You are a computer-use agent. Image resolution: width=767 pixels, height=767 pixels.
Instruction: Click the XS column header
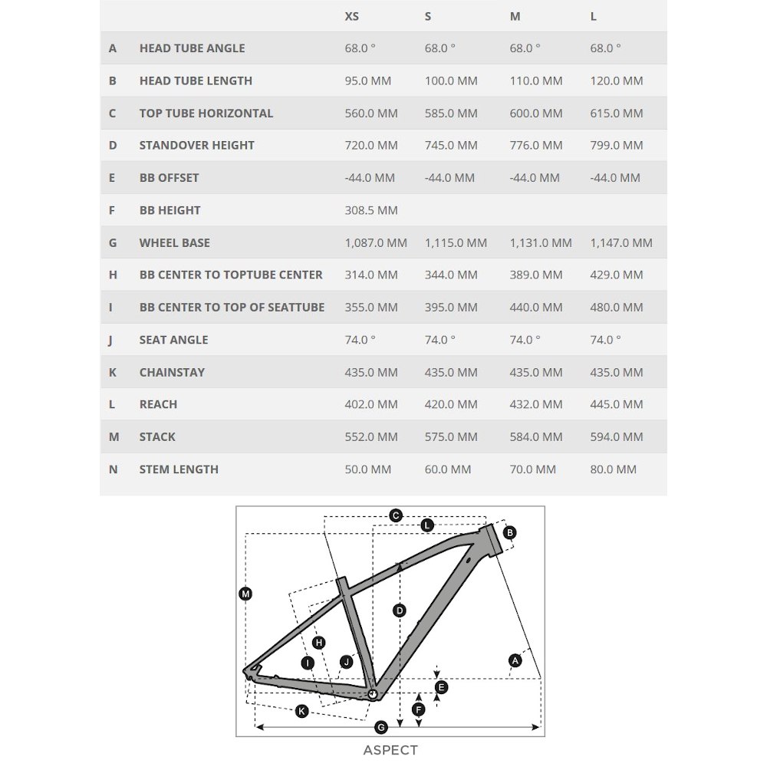pyautogui.click(x=352, y=16)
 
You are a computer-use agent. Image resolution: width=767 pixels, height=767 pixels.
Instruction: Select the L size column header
pyautogui.click(x=594, y=16)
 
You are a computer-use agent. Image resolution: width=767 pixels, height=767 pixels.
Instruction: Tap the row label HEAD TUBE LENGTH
pyautogui.click(x=196, y=81)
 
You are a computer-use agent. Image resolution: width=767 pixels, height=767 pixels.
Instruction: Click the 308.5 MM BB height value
pyautogui.click(x=371, y=210)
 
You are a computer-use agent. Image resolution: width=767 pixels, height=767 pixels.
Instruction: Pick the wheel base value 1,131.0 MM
pyautogui.click(x=541, y=242)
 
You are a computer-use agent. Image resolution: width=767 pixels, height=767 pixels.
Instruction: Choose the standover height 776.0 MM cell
pyautogui.click(x=536, y=145)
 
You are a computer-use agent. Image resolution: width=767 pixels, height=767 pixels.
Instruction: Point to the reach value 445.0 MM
pyautogui.click(x=617, y=404)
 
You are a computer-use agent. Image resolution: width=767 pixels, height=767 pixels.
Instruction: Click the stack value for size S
pyautogui.click(x=451, y=436)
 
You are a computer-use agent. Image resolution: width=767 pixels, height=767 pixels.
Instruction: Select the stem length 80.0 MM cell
pyautogui.click(x=614, y=469)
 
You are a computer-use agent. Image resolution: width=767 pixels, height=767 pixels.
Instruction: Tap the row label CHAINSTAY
pyautogui.click(x=172, y=372)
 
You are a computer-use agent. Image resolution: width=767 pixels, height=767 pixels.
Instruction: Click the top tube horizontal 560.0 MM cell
pyautogui.click(x=371, y=113)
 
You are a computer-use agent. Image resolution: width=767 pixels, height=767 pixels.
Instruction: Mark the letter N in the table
pyautogui.click(x=114, y=469)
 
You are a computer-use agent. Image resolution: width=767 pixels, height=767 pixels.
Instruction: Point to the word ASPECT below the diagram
pyautogui.click(x=390, y=750)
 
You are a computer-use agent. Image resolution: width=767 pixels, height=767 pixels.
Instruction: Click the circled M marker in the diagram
pyautogui.click(x=245, y=593)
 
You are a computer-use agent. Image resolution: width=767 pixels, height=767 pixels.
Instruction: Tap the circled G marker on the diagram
pyautogui.click(x=381, y=727)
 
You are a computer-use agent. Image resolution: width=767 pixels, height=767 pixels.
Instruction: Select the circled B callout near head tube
pyautogui.click(x=510, y=532)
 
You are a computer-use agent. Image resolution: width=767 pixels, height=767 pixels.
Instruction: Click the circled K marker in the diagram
pyautogui.click(x=301, y=711)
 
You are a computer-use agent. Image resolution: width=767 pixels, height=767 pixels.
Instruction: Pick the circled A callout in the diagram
pyautogui.click(x=515, y=660)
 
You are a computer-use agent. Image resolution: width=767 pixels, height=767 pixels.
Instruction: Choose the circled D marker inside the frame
pyautogui.click(x=400, y=611)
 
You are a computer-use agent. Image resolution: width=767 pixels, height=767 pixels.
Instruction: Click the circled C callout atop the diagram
pyautogui.click(x=396, y=515)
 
